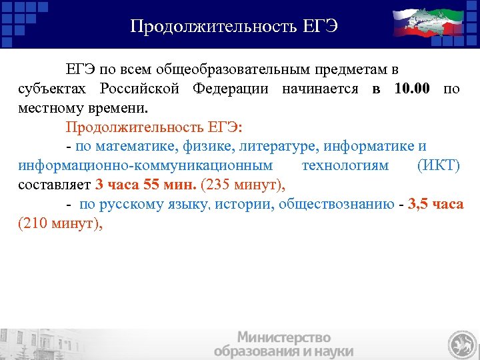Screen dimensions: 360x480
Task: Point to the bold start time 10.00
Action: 413,89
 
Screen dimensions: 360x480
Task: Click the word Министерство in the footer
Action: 284,337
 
